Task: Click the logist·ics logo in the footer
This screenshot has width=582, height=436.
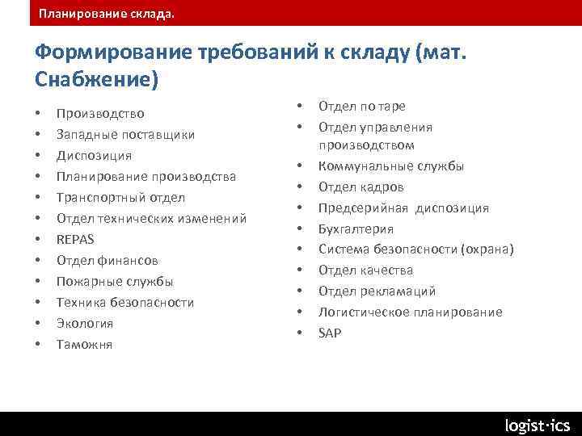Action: (537, 425)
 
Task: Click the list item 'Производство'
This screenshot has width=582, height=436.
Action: (100, 113)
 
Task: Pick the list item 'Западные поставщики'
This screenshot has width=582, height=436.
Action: (125, 134)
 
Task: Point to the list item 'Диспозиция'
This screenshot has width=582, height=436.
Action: (94, 155)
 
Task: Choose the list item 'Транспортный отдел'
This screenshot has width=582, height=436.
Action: (120, 197)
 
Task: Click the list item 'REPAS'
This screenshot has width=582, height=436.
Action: (75, 239)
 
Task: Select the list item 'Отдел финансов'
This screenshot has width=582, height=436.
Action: (108, 260)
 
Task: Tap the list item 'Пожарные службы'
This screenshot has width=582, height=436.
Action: (115, 281)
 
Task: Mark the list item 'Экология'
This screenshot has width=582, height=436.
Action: (85, 323)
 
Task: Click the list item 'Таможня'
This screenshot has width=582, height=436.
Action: (84, 344)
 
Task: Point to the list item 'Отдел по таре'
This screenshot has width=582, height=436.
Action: (361, 106)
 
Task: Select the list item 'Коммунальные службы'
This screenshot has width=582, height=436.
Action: (391, 166)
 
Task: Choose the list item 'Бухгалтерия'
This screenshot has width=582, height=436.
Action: (356, 228)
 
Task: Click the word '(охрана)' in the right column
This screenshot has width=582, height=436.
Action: (487, 249)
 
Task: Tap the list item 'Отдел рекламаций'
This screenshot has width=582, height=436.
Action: (377, 291)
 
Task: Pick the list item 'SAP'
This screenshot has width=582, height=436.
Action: (330, 333)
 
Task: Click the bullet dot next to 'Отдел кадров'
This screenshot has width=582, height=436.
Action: (299, 187)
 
